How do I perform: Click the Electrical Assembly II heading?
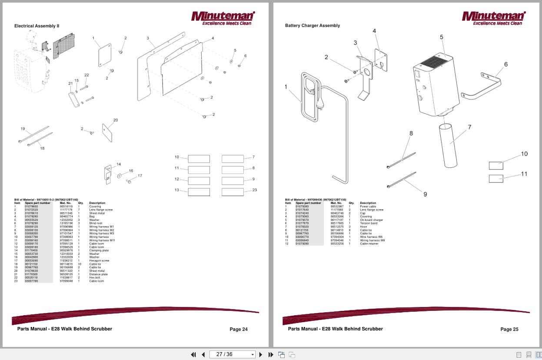point(37,26)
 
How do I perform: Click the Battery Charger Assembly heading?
point(313,26)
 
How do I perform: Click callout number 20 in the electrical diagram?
point(116,120)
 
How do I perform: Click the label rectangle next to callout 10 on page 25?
point(496,166)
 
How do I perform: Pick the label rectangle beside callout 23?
point(233,192)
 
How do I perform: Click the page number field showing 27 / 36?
point(232,354)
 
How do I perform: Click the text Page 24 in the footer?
point(239,329)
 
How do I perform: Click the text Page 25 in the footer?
point(509,329)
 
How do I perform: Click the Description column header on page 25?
point(368,203)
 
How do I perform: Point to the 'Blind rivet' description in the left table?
point(96,223)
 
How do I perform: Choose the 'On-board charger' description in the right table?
point(371,220)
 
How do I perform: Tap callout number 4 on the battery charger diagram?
point(374,31)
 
